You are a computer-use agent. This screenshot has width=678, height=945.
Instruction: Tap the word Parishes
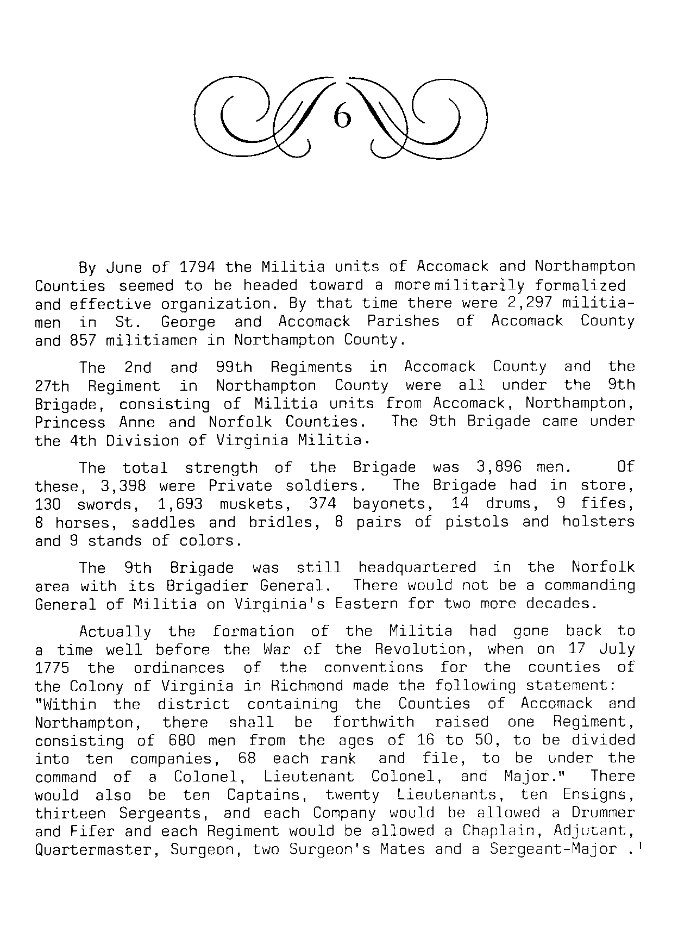click(x=403, y=322)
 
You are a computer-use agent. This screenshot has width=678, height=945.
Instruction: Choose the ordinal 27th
click(x=52, y=386)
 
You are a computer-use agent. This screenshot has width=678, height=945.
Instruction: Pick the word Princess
click(x=70, y=422)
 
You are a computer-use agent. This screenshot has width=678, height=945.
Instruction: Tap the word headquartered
click(x=417, y=568)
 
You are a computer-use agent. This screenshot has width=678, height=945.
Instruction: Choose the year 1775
click(x=52, y=668)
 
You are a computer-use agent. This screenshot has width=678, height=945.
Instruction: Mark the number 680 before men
click(x=173, y=741)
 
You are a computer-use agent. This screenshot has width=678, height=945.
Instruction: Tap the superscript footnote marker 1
click(x=642, y=844)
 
